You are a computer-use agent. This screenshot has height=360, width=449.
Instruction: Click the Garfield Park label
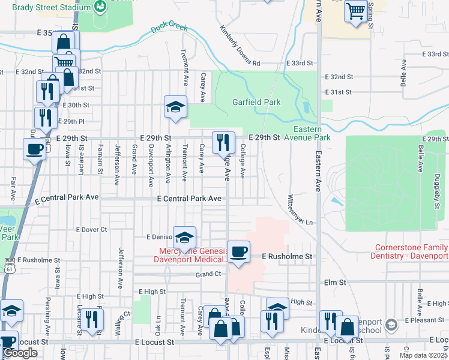[256, 102]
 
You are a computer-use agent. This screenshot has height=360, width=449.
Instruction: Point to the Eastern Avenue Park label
[312, 133]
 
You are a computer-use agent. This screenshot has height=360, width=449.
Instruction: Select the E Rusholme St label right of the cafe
[288, 256]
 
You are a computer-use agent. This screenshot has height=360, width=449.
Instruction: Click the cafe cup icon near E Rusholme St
[238, 251]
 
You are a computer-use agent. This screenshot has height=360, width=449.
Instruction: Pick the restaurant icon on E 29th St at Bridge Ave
[223, 142]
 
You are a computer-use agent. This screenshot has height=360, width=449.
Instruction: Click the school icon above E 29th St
[175, 107]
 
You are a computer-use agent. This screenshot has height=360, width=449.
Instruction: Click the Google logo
[20, 353]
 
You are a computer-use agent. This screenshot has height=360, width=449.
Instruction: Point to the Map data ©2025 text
[423, 355]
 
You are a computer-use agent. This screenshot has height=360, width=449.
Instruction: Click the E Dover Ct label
[91, 229]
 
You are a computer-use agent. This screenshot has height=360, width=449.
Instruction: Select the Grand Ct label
[208, 274]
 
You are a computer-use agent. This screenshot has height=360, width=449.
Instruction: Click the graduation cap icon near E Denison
[184, 236]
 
